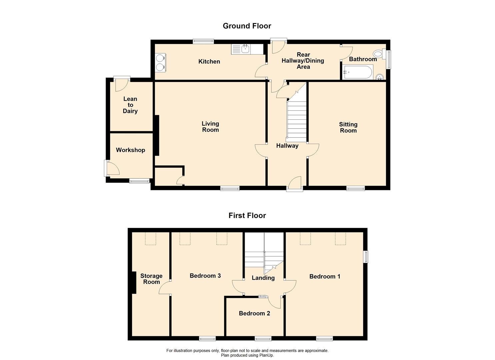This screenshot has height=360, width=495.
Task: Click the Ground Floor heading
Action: pos(247,26)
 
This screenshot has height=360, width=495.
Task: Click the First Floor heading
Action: pos(247,216)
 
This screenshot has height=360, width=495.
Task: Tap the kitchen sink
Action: pos(245,50)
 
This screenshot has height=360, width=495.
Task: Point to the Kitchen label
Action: pos(209,62)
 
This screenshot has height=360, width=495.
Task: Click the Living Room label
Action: pos(210,127)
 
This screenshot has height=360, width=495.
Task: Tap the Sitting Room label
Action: pos(348,127)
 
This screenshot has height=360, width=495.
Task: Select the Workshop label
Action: pos(130,150)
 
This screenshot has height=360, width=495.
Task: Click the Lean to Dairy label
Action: pos(130,105)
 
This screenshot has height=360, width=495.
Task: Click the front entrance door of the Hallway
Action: pos(295,184)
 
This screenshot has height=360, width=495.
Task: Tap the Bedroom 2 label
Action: pos(254,313)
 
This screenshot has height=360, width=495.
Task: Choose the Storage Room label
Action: pos(151,279)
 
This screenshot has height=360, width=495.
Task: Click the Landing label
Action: pos(263,278)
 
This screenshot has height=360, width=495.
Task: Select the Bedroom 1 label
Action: pos(325,276)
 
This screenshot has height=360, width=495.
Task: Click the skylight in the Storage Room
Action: pos(151,239)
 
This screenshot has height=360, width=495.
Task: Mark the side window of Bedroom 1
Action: pos(366,257)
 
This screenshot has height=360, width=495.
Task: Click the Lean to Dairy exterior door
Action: pos(121,84)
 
